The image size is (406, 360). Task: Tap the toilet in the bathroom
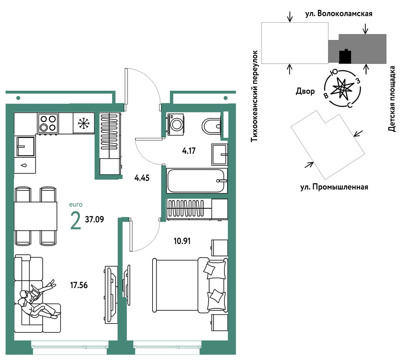[211, 126]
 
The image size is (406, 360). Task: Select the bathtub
[197, 181]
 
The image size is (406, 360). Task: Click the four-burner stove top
[48, 123]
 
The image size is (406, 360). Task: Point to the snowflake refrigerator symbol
[84, 123]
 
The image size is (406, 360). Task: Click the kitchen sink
[25, 146]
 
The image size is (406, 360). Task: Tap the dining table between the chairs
[35, 216]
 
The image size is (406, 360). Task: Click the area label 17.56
[79, 285]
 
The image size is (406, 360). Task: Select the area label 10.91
[182, 241]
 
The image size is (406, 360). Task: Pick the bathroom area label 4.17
[189, 151]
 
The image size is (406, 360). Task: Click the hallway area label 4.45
[142, 178]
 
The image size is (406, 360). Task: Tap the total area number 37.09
[94, 219]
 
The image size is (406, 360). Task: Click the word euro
[76, 205]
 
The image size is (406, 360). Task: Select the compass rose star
[342, 88]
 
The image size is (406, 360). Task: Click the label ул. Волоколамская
[339, 14]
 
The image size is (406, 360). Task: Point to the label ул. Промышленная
[334, 187]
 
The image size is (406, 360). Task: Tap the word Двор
[305, 91]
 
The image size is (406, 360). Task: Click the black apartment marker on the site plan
[345, 57]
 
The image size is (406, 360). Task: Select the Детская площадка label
[392, 99]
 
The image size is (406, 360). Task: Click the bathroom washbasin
[219, 154]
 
